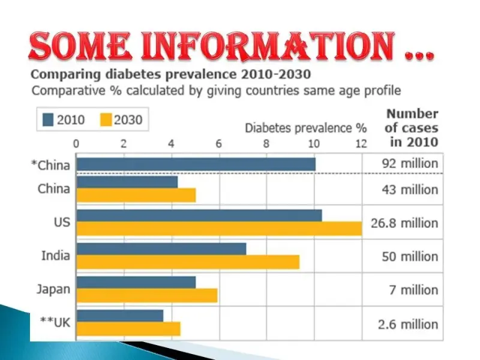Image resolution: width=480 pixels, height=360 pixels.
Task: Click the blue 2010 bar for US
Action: [x=199, y=215]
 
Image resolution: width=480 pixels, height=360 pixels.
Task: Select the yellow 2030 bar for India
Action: [x=188, y=262]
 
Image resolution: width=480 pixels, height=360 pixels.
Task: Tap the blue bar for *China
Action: [x=196, y=164]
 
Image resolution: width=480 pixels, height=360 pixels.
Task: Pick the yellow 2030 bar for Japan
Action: [x=147, y=295]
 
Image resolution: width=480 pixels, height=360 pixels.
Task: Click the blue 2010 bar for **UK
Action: [x=120, y=316]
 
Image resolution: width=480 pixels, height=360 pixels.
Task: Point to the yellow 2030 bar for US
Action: [x=219, y=229]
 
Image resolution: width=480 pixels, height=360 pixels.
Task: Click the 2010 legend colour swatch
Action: [x=47, y=119]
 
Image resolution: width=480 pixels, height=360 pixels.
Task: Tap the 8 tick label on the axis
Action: [x=266, y=143]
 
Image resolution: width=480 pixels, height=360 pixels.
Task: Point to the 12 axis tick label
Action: [x=361, y=143]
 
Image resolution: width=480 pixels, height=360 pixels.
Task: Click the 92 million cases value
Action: [x=410, y=163]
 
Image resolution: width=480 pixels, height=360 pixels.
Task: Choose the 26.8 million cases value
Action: [x=410, y=223]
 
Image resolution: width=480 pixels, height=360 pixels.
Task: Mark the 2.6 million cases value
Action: [x=410, y=324]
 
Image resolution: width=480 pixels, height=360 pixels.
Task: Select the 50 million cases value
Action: [x=410, y=256]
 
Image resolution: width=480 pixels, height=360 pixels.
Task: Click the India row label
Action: [x=56, y=256]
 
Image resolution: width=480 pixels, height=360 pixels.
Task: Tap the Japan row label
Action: [x=53, y=289]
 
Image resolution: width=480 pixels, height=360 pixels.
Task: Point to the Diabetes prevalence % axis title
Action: [x=305, y=128]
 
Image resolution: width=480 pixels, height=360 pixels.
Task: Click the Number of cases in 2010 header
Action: [x=412, y=127]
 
